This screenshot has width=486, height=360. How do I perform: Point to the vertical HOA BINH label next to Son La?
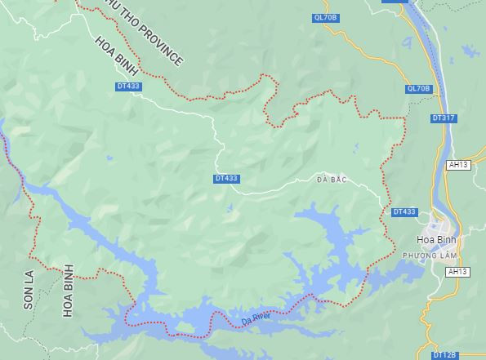(68, 290)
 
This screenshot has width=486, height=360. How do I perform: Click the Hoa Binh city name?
(435, 240)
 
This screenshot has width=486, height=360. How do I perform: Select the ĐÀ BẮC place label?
(332, 179)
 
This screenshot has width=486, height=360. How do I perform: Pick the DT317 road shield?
(444, 118)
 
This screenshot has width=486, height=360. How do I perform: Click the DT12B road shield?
(444, 355)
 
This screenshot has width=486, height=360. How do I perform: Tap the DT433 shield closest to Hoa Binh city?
(404, 211)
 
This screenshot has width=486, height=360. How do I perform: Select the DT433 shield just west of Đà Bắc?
(226, 178)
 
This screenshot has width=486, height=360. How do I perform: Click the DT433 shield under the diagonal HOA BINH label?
(128, 85)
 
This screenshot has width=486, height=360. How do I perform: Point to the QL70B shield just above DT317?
(417, 88)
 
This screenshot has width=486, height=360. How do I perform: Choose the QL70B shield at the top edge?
(325, 16)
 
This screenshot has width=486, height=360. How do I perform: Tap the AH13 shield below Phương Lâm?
(458, 271)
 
